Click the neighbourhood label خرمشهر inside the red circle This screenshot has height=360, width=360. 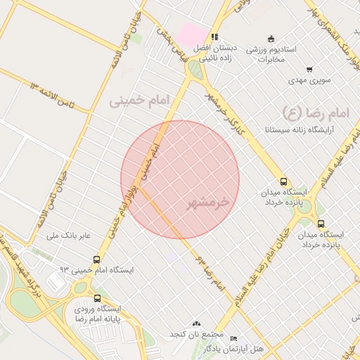(x=208, y=203)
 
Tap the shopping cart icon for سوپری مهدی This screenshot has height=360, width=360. (x=309, y=70)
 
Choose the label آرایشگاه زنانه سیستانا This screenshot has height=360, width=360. (x=298, y=130)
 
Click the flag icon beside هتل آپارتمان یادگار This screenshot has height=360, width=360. (x=233, y=338)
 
